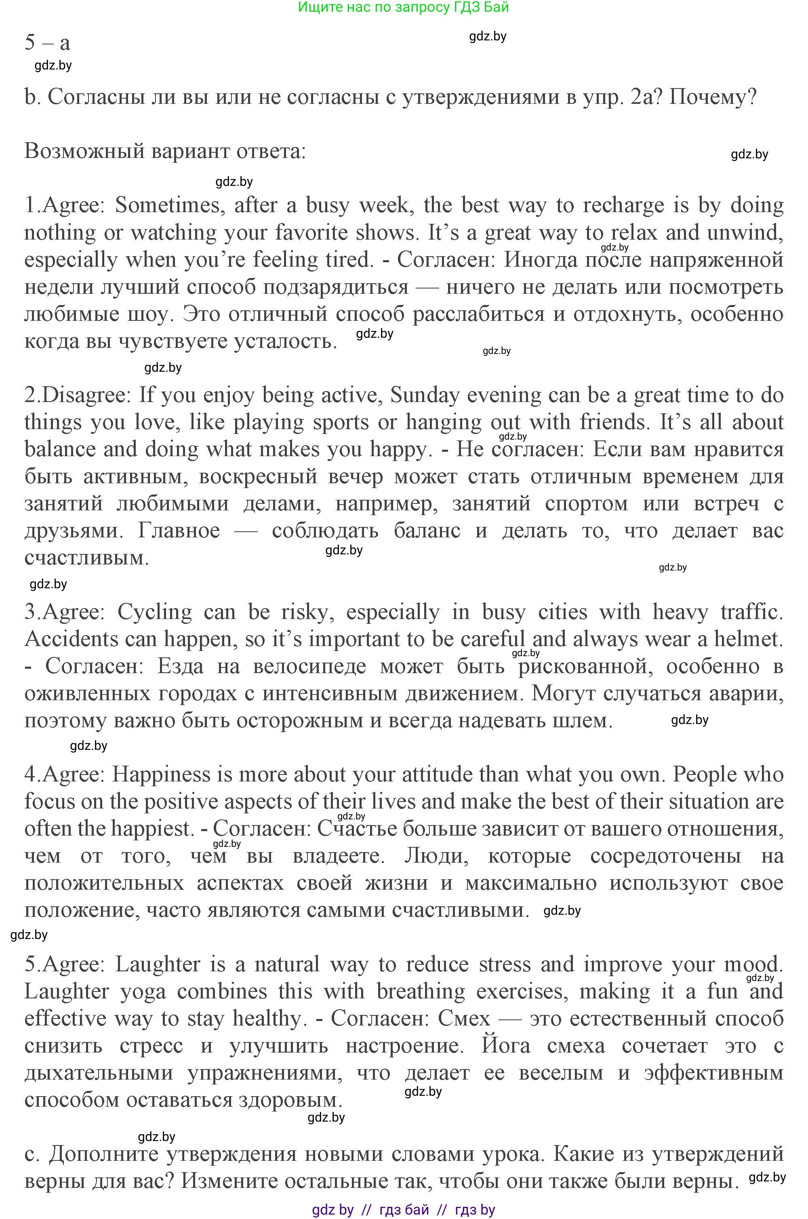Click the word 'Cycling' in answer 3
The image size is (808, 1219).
tap(155, 612)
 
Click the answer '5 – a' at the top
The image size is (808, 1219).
tap(47, 42)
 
